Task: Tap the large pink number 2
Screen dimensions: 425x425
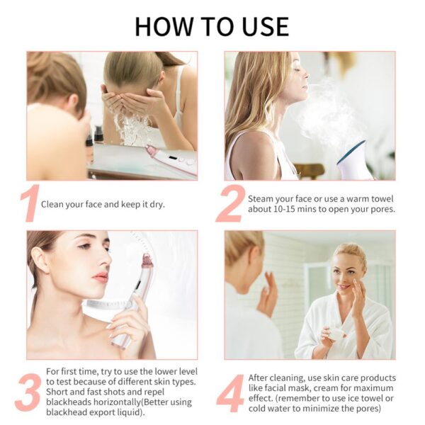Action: point(229,204)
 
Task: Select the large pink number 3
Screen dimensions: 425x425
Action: point(27,392)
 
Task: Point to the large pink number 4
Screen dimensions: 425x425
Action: point(230,392)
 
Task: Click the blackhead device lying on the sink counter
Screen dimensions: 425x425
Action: point(171,159)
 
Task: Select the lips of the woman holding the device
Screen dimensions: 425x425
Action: point(99,276)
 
